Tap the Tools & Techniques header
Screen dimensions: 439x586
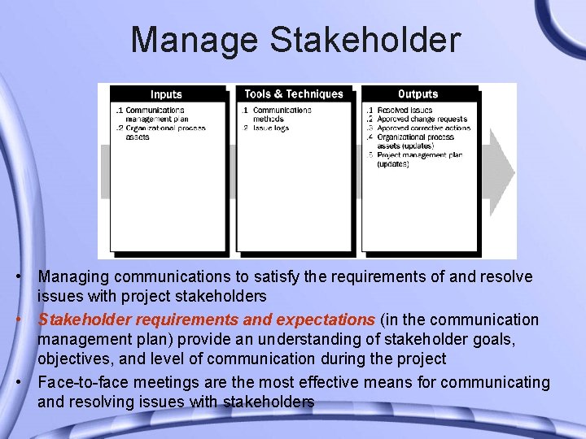point(294,94)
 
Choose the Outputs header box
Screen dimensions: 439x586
point(418,94)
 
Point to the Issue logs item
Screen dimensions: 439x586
point(271,128)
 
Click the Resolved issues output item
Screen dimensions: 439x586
point(405,110)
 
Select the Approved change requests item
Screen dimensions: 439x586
point(422,119)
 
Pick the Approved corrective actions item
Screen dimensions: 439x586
point(423,128)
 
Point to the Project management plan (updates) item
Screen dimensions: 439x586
point(419,159)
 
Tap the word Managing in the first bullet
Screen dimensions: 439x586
point(73,277)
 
